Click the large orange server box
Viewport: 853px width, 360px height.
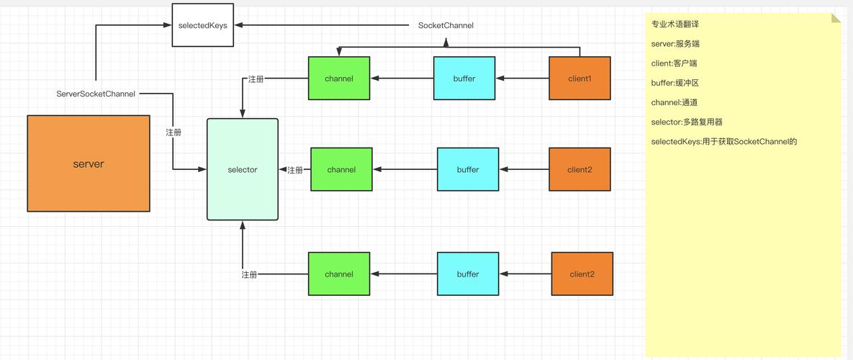coord(89,163)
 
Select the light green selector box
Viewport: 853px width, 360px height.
coord(243,169)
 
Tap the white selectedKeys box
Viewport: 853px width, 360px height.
coord(203,25)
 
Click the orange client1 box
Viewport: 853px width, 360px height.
coord(580,78)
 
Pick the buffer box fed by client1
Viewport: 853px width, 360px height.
coord(464,78)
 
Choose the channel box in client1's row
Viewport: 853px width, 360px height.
coord(339,78)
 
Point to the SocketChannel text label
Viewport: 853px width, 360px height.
coord(446,25)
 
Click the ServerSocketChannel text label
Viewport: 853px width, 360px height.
coord(96,94)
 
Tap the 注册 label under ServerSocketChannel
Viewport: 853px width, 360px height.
coord(173,132)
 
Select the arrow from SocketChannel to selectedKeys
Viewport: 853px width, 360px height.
coord(322,25)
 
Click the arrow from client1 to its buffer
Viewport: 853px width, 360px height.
coord(523,78)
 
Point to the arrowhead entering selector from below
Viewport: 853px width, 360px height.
coord(243,225)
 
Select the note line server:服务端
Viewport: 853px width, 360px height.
coord(672,43)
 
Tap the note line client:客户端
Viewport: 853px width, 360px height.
coord(674,63)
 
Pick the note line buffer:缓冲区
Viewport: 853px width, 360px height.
coord(675,83)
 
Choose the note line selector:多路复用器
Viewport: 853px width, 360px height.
coord(687,122)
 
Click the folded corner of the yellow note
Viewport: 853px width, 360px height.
coord(836,18)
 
